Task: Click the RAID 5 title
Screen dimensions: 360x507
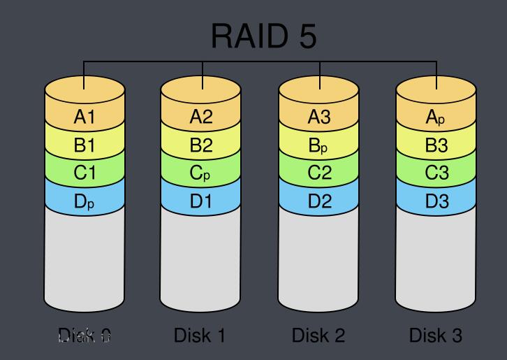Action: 263,36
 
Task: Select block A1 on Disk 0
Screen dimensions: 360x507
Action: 84,117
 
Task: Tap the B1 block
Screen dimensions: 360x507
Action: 84,145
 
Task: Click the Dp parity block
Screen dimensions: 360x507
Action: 84,202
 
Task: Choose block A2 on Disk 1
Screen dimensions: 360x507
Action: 201,117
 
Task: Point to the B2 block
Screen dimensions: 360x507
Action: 201,145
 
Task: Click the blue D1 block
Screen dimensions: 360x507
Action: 201,202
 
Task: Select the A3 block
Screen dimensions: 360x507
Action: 319,117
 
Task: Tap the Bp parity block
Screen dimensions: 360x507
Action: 319,145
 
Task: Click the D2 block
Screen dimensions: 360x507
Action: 319,202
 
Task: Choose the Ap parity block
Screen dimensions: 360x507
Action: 436,117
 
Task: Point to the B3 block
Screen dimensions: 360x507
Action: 436,145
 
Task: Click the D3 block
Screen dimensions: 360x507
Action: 436,202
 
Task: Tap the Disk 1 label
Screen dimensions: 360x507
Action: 200,336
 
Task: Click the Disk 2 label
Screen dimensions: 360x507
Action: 318,336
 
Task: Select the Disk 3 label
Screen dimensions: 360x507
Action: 436,336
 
